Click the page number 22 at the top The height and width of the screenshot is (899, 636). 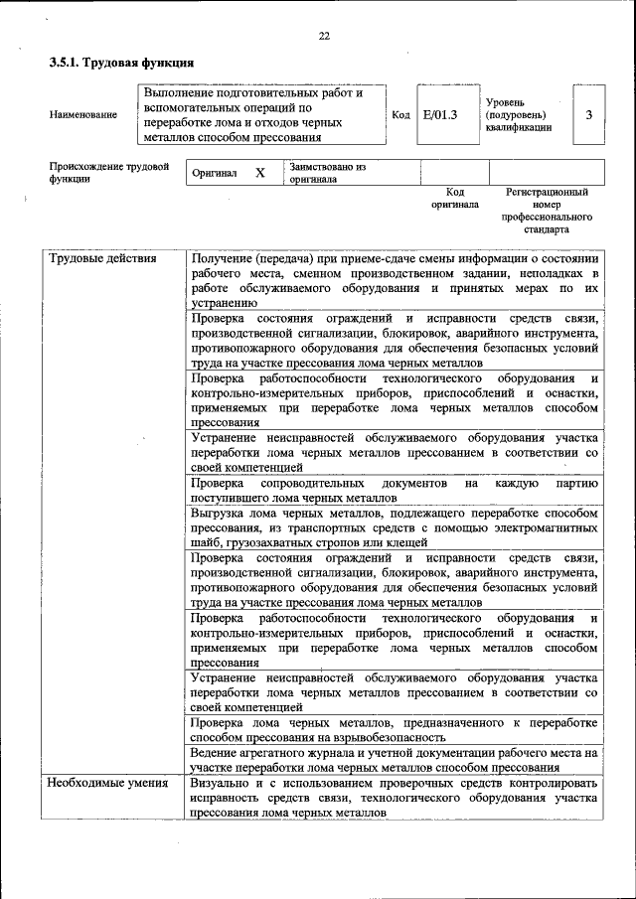(x=323, y=37)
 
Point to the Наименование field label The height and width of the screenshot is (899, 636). (x=83, y=115)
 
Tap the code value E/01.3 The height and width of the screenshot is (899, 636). (x=438, y=115)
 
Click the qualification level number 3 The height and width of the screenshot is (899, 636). (x=588, y=115)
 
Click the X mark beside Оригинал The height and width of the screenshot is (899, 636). (x=260, y=173)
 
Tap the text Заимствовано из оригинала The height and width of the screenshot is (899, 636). (x=328, y=173)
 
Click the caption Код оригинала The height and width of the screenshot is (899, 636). (x=455, y=198)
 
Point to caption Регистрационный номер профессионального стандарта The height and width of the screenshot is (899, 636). (x=547, y=210)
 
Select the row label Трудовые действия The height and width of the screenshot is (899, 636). (x=103, y=259)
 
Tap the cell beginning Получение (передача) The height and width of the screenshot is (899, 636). (x=395, y=280)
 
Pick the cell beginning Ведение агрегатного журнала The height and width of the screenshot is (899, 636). (x=395, y=760)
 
